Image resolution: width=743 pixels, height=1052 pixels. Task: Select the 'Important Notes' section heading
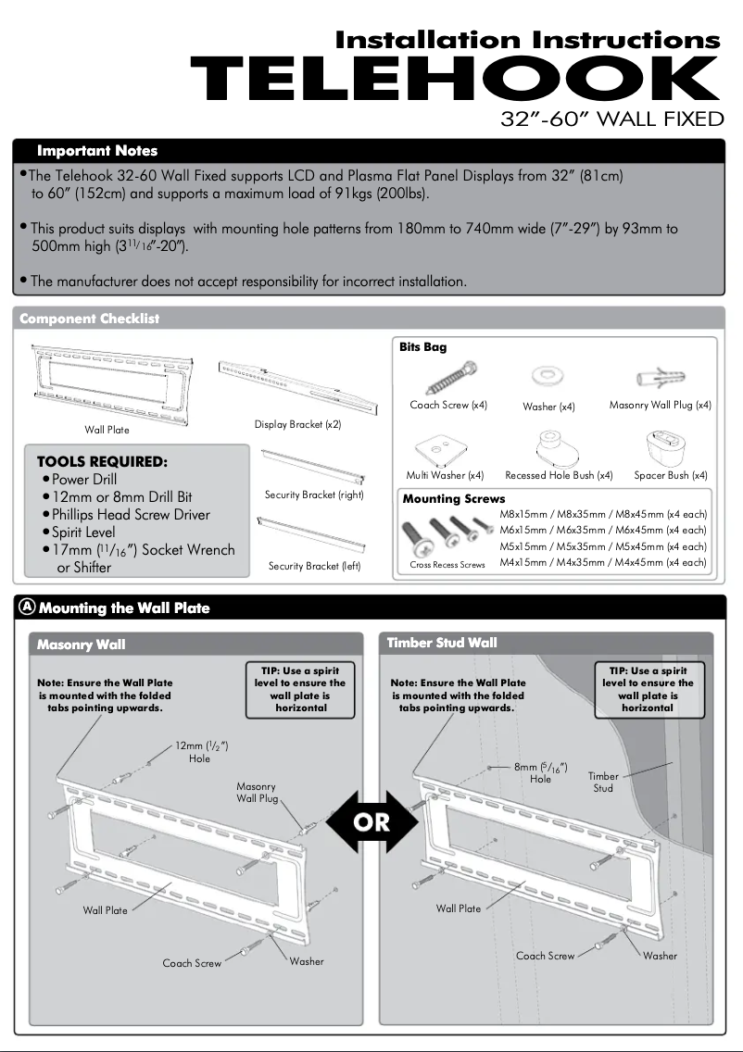97,151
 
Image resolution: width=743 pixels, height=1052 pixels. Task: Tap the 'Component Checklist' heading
90,319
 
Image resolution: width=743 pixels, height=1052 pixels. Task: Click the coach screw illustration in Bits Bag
449,377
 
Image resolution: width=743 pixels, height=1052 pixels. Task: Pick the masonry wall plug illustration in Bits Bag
660,377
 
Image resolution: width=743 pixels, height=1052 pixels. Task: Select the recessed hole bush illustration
558,446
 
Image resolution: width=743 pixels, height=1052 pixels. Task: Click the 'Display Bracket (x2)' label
298,424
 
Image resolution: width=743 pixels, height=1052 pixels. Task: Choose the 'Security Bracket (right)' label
314,495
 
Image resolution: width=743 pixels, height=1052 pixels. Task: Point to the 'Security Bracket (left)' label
314,566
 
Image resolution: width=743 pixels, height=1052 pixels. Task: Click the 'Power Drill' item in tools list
84,479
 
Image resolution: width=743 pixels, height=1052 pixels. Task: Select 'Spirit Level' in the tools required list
83,532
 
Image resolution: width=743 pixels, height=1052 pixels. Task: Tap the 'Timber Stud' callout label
603,783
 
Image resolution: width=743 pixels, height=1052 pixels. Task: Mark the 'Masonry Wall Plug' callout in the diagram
257,792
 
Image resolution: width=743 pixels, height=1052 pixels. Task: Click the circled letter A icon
27,607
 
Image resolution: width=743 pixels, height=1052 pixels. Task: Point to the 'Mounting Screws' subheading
454,498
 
